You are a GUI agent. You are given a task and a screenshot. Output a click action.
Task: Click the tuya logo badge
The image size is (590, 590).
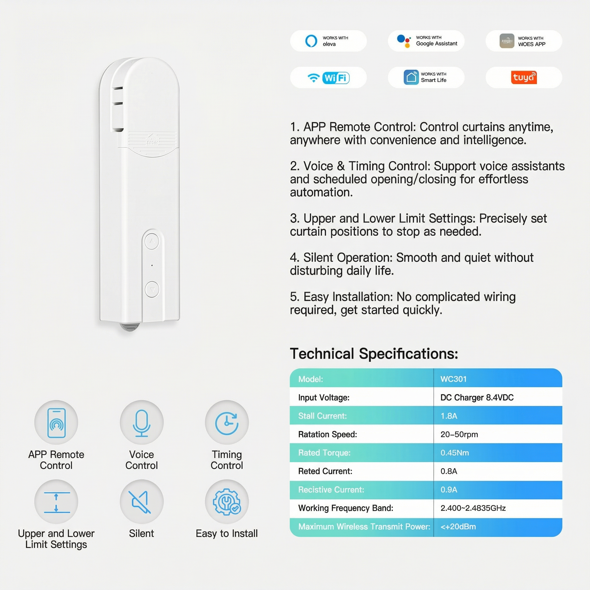click(523, 77)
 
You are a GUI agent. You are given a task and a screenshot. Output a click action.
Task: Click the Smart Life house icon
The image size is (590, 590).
click(411, 77)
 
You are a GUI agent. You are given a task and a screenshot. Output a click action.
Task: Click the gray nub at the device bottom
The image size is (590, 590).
click(129, 327)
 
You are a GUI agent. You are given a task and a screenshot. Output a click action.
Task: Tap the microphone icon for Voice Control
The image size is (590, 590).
click(141, 423)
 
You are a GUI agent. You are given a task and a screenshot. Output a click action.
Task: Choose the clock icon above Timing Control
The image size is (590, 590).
click(227, 423)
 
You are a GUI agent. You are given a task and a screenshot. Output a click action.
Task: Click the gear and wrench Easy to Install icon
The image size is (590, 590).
click(227, 502)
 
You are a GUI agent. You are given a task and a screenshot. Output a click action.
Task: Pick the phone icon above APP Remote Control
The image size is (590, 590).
click(56, 423)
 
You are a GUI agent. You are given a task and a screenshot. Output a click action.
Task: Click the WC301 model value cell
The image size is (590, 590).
click(453, 379)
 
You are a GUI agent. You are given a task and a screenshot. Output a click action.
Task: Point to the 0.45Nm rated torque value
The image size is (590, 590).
click(454, 453)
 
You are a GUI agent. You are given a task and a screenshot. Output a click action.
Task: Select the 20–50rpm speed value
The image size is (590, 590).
click(459, 434)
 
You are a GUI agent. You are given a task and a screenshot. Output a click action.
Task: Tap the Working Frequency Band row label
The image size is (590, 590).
click(345, 508)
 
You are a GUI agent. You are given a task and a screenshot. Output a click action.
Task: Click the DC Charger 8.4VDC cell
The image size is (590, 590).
click(477, 397)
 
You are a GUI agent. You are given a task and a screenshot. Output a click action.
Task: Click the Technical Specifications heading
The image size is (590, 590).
click(374, 354)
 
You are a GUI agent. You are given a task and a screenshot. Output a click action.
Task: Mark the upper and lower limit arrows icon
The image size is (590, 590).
click(56, 502)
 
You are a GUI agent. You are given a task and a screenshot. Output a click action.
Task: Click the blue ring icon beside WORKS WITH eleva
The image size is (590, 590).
click(311, 41)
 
